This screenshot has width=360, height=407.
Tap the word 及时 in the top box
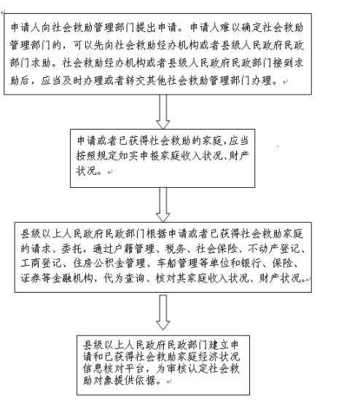72,81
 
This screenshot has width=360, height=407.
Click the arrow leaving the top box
163,111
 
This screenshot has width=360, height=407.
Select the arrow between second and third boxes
163,205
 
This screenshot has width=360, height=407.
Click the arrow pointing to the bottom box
163,312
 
